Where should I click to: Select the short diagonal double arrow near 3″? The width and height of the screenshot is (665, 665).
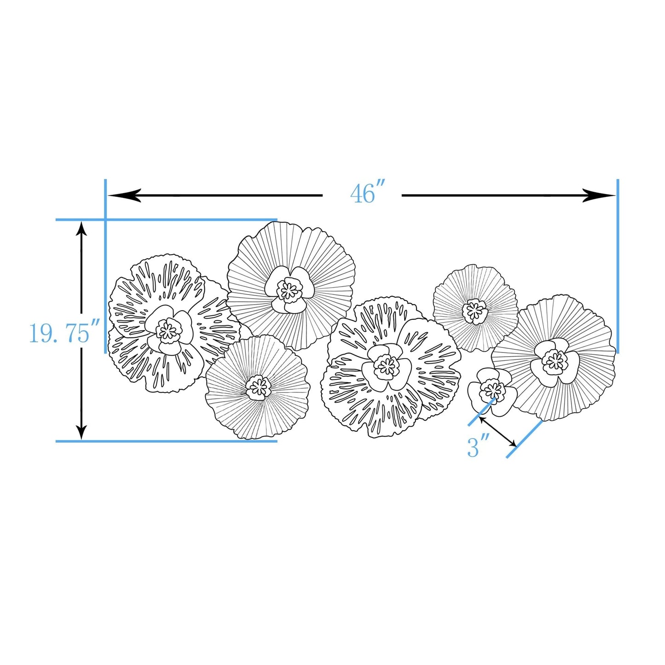click(x=497, y=432)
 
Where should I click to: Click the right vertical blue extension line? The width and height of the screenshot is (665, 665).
click(x=617, y=267)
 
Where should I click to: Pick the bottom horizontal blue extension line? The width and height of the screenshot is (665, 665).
click(x=166, y=441)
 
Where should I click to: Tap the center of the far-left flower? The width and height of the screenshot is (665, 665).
click(x=167, y=330)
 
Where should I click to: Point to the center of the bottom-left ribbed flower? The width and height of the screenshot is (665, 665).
click(x=258, y=387)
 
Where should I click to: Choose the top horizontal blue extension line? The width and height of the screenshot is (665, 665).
click(x=166, y=220)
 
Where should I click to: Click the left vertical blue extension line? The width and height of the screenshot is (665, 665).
click(x=105, y=267)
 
